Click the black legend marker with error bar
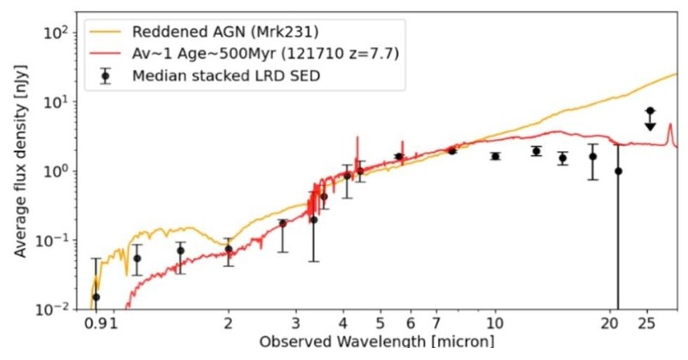(x=105, y=76)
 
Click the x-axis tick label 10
(x=494, y=324)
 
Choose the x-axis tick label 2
(x=228, y=324)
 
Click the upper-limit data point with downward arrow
(x=650, y=111)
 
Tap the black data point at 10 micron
(x=495, y=156)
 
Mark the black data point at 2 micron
(x=228, y=249)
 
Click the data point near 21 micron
(x=618, y=171)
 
